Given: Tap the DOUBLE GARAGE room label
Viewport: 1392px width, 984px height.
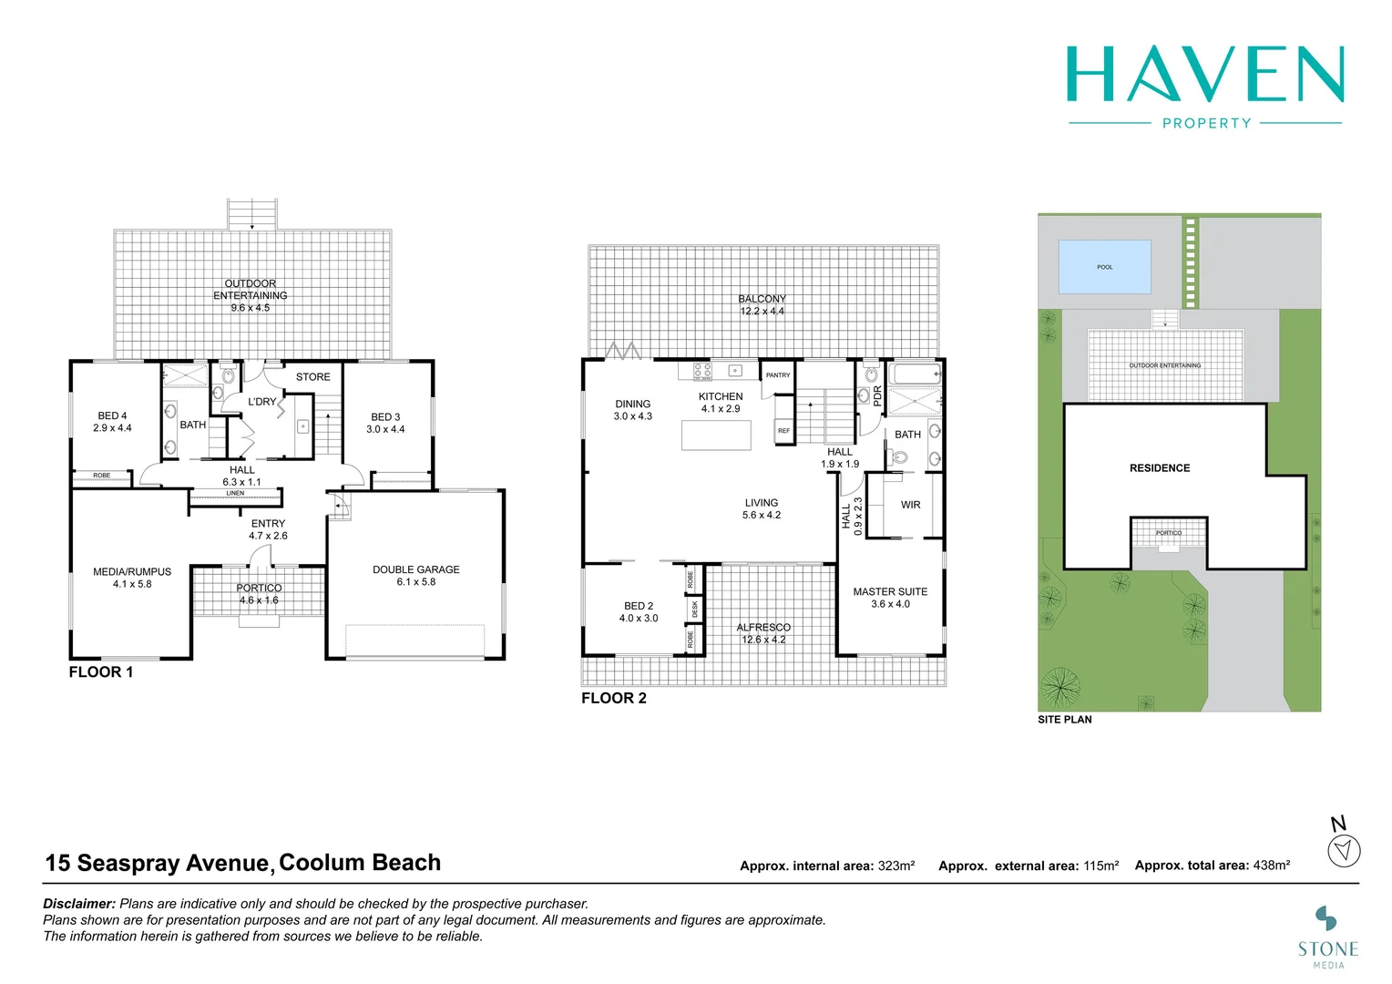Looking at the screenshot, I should pyautogui.click(x=416, y=570).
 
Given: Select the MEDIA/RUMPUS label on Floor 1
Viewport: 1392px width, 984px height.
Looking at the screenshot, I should pyautogui.click(x=132, y=572).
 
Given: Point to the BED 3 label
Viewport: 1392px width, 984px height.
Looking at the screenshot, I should pyautogui.click(x=385, y=417).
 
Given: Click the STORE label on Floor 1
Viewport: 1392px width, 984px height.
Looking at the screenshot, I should pyautogui.click(x=313, y=377).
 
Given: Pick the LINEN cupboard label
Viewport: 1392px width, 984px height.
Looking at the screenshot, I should pyautogui.click(x=235, y=494).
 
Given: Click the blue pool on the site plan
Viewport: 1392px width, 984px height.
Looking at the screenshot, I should pyautogui.click(x=1104, y=267).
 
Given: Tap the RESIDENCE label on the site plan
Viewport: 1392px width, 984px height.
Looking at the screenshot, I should pyautogui.click(x=1160, y=468).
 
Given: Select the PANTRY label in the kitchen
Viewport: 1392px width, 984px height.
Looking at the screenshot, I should pyautogui.click(x=778, y=375).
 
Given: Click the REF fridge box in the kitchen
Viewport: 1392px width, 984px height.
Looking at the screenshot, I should pyautogui.click(x=784, y=431).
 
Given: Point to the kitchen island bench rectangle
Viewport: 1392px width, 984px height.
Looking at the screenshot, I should pyautogui.click(x=716, y=436).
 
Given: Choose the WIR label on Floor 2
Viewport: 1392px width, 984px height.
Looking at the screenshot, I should pyautogui.click(x=910, y=505).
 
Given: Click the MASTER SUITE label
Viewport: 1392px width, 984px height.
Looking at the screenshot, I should pyautogui.click(x=890, y=592).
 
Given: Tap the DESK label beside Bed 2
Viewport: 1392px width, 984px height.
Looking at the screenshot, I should pyautogui.click(x=695, y=608).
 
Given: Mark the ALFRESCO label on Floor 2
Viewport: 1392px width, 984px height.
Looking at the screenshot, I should pyautogui.click(x=763, y=628).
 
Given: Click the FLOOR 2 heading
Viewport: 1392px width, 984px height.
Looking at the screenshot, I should pyautogui.click(x=614, y=699).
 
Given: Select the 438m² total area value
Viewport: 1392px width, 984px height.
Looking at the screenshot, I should pyautogui.click(x=1271, y=866).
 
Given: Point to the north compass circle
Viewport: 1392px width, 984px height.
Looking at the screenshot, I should pyautogui.click(x=1345, y=852).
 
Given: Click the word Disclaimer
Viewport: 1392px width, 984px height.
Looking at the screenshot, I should pyautogui.click(x=79, y=904).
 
